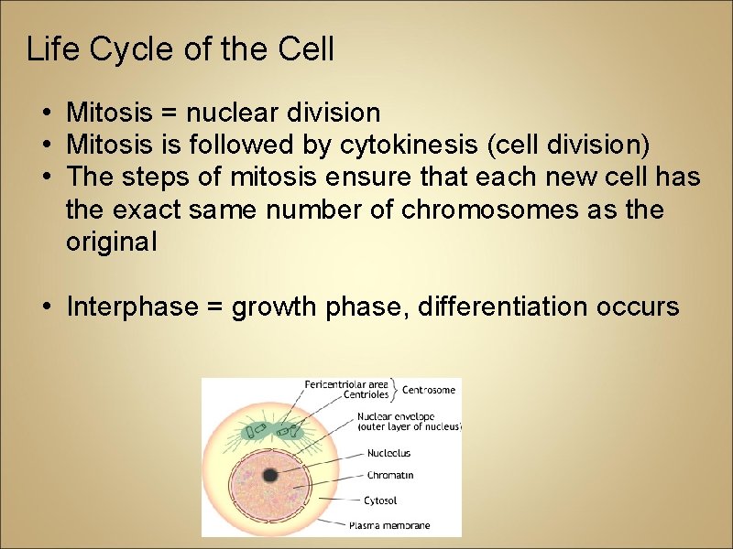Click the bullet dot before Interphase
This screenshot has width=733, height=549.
(46, 307)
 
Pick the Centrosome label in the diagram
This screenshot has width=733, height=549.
(428, 390)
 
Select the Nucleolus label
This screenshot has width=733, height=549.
(388, 453)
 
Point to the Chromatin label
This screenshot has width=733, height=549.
(389, 476)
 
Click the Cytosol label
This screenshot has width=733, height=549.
(380, 501)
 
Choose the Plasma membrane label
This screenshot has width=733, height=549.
(389, 525)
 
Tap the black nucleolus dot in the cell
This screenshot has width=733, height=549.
(270, 475)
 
